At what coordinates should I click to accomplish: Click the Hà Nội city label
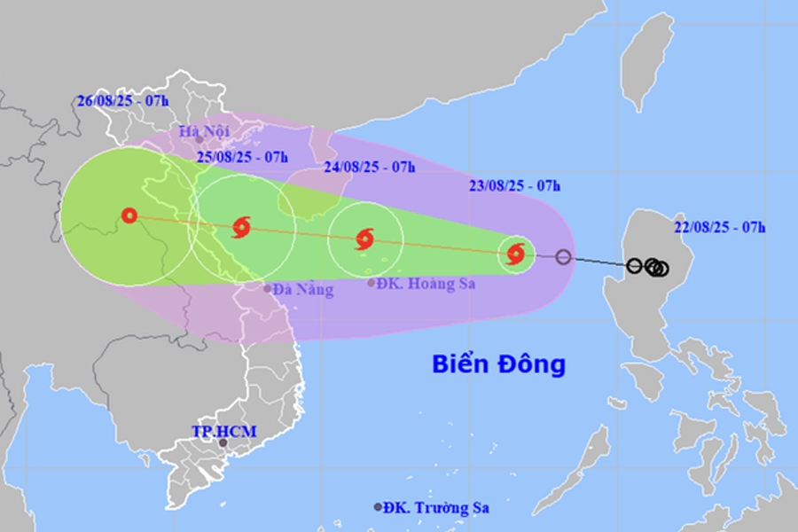pyautogui.click(x=204, y=132)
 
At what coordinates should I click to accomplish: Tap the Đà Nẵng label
pyautogui.click(x=303, y=289)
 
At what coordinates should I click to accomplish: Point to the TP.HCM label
pyautogui.click(x=224, y=431)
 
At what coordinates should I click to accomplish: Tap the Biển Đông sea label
pyautogui.click(x=498, y=364)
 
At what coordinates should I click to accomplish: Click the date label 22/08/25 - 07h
pyautogui.click(x=720, y=227)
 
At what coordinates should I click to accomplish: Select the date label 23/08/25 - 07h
pyautogui.click(x=515, y=185)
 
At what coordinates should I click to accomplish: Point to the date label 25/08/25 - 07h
pyautogui.click(x=242, y=157)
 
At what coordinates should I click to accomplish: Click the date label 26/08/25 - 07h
pyautogui.click(x=122, y=100)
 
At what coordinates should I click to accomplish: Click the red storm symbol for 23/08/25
pyautogui.click(x=515, y=255)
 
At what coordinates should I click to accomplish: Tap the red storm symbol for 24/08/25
pyautogui.click(x=364, y=239)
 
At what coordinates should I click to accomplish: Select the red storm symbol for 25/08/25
pyautogui.click(x=241, y=227)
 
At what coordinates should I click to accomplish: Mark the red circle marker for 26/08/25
pyautogui.click(x=129, y=215)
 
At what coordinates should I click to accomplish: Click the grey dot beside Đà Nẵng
pyautogui.click(x=267, y=288)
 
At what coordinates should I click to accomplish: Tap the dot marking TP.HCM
pyautogui.click(x=223, y=442)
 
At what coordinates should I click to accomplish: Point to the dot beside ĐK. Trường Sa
pyautogui.click(x=379, y=507)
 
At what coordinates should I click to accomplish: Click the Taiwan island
pyautogui.click(x=645, y=62)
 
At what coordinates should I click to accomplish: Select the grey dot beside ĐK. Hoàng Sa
pyautogui.click(x=371, y=283)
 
